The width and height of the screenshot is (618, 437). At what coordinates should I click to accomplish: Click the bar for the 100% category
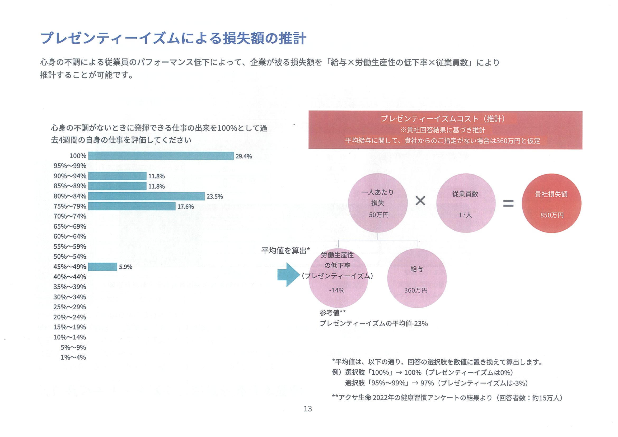pyautogui.click(x=161, y=156)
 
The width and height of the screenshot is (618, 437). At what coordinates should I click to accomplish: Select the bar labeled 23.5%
pyautogui.click(x=146, y=196)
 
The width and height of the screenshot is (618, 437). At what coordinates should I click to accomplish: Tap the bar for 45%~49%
pyautogui.click(x=102, y=267)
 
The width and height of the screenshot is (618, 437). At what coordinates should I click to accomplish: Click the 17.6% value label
pyautogui.click(x=185, y=207)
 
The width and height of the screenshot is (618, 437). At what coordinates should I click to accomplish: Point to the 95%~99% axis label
pyautogui.click(x=70, y=166)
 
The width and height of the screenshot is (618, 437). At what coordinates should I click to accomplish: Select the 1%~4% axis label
pyautogui.click(x=73, y=357)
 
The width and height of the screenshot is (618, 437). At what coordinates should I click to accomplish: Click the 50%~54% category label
pyautogui.click(x=70, y=257)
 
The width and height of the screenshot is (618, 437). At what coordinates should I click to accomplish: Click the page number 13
pyautogui.click(x=308, y=409)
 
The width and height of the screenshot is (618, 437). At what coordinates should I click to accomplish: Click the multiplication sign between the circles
pyautogui.click(x=420, y=201)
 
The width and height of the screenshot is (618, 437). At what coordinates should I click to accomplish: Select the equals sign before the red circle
pyautogui.click(x=508, y=203)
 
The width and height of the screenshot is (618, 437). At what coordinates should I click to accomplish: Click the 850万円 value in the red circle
pyautogui.click(x=552, y=215)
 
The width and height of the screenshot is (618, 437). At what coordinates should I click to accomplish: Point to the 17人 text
pyautogui.click(x=465, y=215)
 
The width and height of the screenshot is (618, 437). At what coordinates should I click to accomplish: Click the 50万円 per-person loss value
pyautogui.click(x=378, y=215)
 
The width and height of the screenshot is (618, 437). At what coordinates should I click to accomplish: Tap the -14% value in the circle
pyautogui.click(x=336, y=290)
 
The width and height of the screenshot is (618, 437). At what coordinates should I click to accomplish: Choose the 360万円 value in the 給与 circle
pyautogui.click(x=416, y=290)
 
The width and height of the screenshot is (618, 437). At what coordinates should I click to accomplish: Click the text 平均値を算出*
pyautogui.click(x=285, y=251)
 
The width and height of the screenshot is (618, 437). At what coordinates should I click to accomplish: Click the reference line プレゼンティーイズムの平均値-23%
pyautogui.click(x=374, y=323)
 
